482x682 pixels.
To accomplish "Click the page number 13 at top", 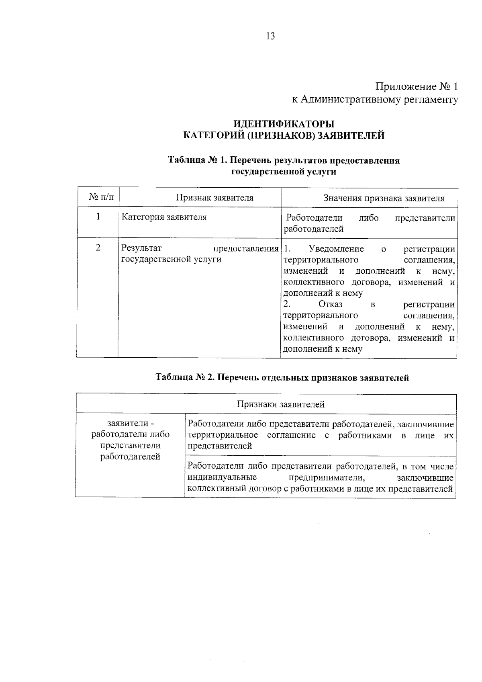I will (x=270, y=37).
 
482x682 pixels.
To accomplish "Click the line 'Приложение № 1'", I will (x=416, y=86).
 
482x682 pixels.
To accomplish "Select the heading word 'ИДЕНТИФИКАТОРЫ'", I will (x=284, y=123).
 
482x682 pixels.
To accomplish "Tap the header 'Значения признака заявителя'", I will (x=384, y=198).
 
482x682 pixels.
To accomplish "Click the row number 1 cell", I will (x=98, y=217).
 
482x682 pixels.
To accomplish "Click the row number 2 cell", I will (x=98, y=248).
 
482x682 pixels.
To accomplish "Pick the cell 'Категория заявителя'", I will (x=164, y=217).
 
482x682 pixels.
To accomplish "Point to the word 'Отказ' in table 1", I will (x=330, y=304).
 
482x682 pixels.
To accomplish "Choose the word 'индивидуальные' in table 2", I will (x=222, y=477).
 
